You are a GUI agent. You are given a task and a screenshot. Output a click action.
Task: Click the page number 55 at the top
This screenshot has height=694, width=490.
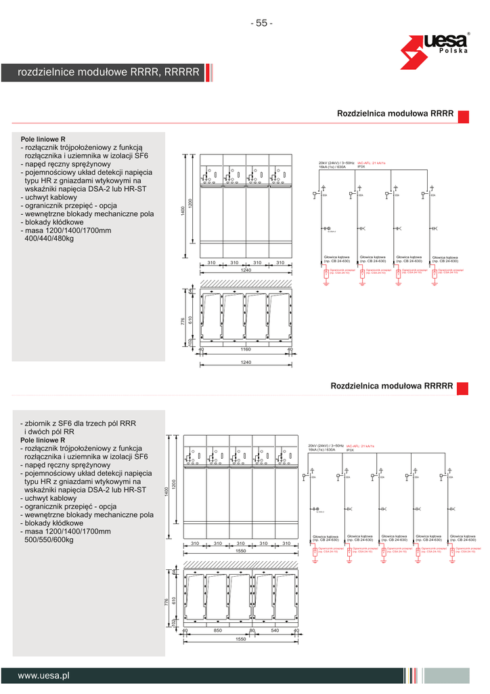tap(261, 24)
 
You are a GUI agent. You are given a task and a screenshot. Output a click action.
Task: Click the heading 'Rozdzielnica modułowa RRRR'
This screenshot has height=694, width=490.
tap(395, 114)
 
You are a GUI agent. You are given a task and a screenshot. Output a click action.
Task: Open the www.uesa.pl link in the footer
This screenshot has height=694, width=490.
tap(44, 675)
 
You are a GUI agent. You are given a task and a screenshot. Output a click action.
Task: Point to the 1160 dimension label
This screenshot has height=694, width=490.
tap(246, 350)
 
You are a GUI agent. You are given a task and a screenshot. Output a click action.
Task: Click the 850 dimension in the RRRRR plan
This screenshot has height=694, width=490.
tap(217, 631)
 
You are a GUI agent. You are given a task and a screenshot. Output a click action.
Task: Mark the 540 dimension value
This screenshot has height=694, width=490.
tap(274, 631)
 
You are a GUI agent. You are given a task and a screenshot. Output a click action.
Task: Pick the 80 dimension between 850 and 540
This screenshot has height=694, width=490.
tap(252, 631)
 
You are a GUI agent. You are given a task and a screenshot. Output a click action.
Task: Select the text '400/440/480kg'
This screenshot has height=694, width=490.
tap(49, 239)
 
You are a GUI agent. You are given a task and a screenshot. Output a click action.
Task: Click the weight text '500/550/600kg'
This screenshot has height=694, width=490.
tap(49, 540)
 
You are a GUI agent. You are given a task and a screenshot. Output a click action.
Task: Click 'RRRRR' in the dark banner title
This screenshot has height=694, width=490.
tap(181, 72)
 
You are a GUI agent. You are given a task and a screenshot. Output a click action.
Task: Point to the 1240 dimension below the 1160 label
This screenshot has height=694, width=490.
tap(246, 363)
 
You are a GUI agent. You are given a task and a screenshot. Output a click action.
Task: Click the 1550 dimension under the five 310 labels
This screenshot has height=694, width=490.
tap(240, 551)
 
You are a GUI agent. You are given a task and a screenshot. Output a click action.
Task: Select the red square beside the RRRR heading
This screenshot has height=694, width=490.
tap(464, 117)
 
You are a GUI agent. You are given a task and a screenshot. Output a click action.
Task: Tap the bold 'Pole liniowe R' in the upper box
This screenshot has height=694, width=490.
tap(43, 138)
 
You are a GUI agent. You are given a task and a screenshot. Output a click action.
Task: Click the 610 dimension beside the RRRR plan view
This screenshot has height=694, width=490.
tap(190, 319)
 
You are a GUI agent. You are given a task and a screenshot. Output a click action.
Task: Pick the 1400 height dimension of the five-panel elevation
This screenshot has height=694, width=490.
tap(164, 491)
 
